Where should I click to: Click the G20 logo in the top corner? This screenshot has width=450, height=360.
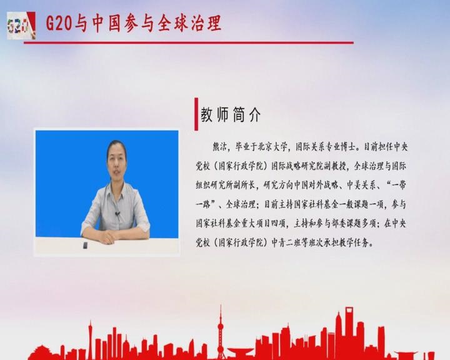pos(21,26)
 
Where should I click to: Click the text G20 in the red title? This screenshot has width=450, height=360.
pos(59,24)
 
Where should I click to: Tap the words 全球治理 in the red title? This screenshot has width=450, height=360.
pos(189,24)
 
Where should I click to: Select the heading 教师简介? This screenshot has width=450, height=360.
pos(231,115)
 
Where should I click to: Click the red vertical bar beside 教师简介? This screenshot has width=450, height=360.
pos(196,114)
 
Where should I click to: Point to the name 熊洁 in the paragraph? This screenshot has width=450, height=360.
pos(220,147)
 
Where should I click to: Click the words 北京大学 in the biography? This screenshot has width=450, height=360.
pos(272,147)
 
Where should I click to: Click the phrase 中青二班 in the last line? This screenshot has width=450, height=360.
pos(286,243)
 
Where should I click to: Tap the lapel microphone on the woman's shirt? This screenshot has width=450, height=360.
pos(117,214)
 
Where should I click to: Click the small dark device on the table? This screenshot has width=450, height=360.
pos(85,245)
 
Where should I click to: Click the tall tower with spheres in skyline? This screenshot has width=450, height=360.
pos(221,330)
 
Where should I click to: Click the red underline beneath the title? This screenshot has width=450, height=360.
pos(189,42)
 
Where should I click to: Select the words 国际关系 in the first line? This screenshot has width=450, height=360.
pos(310,147)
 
